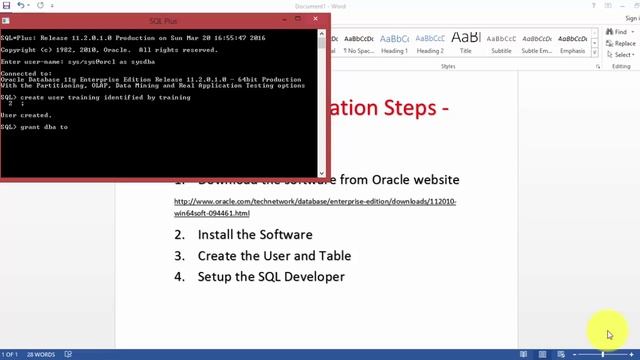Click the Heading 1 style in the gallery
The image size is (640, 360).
tap(394, 41)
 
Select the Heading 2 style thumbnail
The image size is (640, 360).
tap(430, 41)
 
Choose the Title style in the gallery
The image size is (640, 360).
tap(466, 41)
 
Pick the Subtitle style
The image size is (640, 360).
tap(501, 41)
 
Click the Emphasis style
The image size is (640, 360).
tap(573, 41)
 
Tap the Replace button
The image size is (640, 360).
tap(623, 43)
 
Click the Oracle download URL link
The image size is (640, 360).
tap(315, 202)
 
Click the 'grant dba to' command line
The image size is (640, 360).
tap(35, 128)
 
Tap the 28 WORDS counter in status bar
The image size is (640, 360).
tap(41, 354)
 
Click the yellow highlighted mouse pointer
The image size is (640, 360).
tap(608, 333)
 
